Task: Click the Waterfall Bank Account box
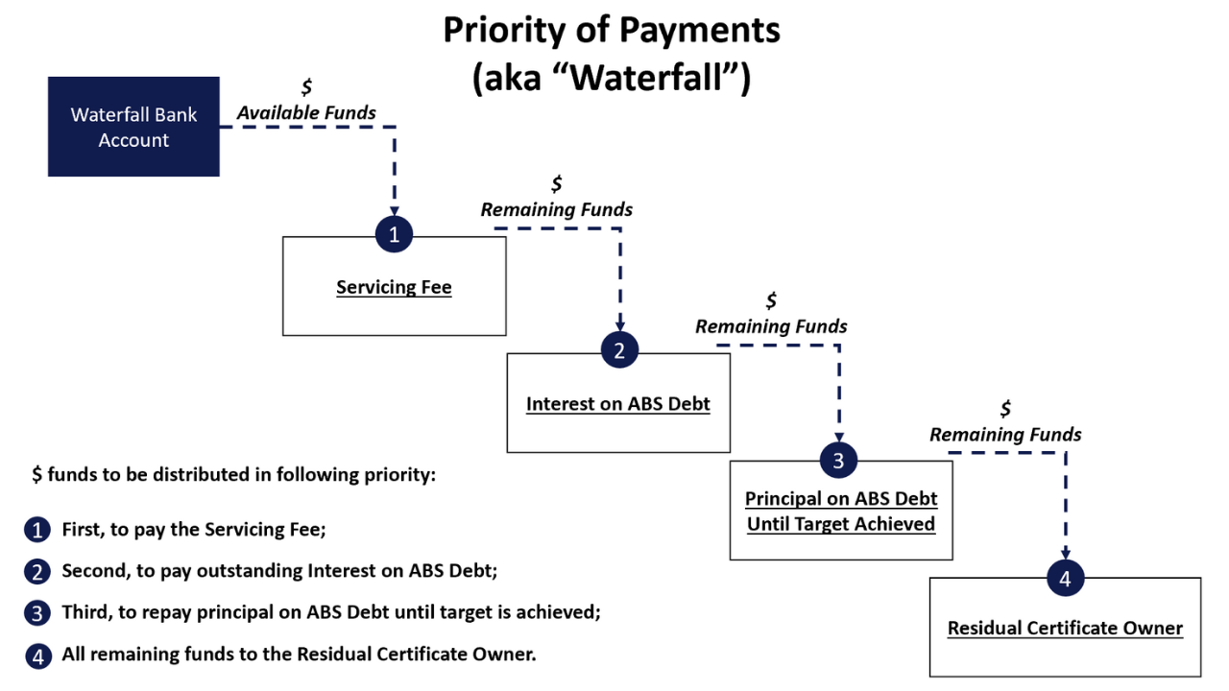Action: (x=133, y=127)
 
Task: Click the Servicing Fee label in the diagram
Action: (x=394, y=287)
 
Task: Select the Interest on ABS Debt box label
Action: (x=618, y=404)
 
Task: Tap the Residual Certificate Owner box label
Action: (x=1065, y=629)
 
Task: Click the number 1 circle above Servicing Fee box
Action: (x=394, y=234)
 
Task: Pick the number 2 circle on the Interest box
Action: (x=619, y=350)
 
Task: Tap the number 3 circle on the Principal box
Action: (x=838, y=461)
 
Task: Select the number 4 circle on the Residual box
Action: (x=1066, y=578)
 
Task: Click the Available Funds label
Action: (x=306, y=113)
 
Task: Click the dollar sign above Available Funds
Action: (x=306, y=87)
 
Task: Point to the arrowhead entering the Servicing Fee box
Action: (x=395, y=210)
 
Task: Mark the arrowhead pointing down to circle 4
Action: (x=1066, y=554)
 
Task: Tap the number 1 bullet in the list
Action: (x=36, y=530)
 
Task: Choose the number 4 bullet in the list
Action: (x=36, y=656)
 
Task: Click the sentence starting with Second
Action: (x=279, y=571)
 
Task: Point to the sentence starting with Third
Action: (x=331, y=612)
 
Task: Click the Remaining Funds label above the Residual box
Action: (x=1005, y=435)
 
